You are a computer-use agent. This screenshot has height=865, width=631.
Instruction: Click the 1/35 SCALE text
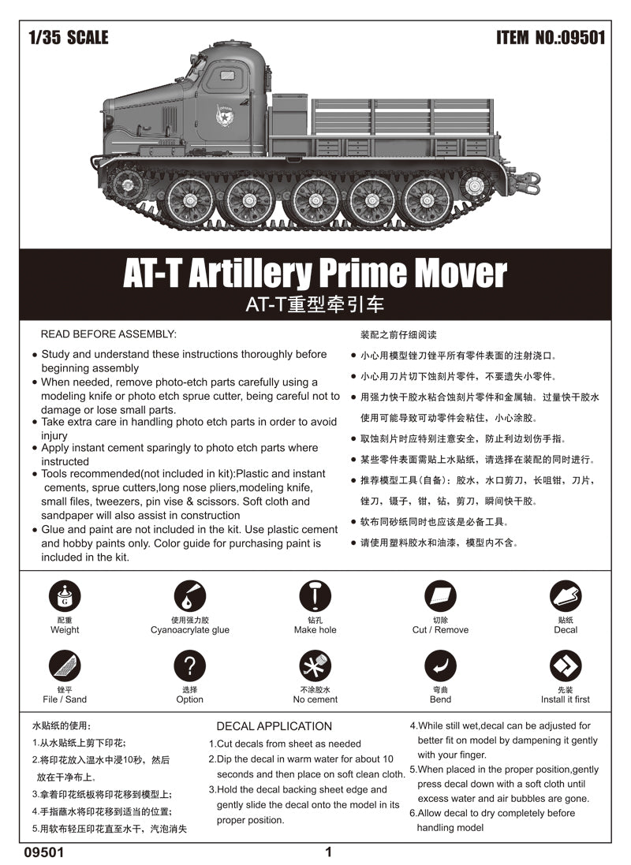pyautogui.click(x=68, y=38)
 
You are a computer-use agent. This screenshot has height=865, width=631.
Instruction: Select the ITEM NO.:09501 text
pyautogui.click(x=551, y=38)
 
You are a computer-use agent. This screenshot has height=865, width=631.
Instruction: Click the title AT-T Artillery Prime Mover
pyautogui.click(x=315, y=274)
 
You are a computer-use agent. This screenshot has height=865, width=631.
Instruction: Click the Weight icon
pyautogui.click(x=64, y=597)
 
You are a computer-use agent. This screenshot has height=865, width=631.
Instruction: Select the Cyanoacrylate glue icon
pyautogui.click(x=189, y=597)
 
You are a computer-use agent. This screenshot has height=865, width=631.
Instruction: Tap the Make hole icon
pyautogui.click(x=315, y=597)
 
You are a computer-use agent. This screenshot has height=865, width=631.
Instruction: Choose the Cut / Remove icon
pyautogui.click(x=440, y=597)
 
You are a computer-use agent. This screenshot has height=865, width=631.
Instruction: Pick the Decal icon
pyautogui.click(x=566, y=597)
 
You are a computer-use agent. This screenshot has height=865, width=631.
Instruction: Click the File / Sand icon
pyautogui.click(x=64, y=666)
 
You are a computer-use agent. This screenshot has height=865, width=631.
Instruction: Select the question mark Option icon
pyautogui.click(x=189, y=666)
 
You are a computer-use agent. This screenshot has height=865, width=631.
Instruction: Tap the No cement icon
pyautogui.click(x=315, y=666)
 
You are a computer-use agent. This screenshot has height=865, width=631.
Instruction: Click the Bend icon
pyautogui.click(x=440, y=666)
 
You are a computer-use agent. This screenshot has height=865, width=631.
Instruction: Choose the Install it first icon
pyautogui.click(x=566, y=666)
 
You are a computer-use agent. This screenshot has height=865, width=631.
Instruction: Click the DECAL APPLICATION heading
pyautogui.click(x=274, y=726)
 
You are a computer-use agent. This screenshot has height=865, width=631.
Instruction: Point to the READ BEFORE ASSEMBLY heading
pyautogui.click(x=109, y=334)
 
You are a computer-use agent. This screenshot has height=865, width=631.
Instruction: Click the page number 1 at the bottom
pyautogui.click(x=328, y=852)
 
